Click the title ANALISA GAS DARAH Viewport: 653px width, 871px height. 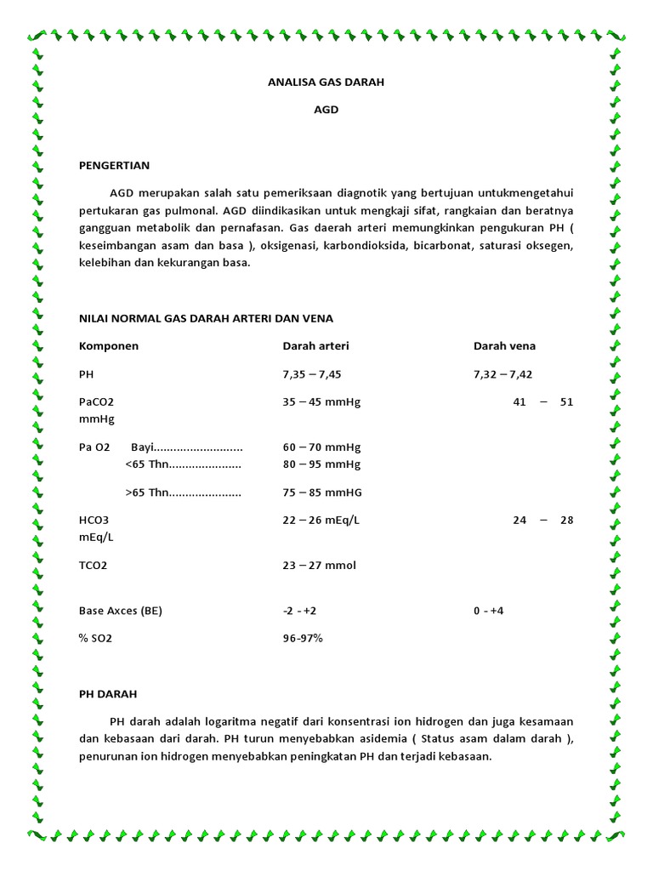326,83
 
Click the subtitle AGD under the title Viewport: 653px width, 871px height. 326,110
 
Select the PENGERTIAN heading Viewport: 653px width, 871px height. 114,165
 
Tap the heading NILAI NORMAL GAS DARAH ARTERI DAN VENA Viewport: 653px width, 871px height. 206,318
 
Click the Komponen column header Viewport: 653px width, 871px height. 109,346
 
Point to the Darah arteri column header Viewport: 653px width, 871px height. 315,346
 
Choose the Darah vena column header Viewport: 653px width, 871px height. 504,346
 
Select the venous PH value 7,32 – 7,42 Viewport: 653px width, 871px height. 503,374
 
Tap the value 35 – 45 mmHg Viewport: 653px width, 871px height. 321,401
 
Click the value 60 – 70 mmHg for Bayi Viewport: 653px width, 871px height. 321,447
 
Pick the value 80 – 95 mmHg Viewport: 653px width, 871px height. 321,464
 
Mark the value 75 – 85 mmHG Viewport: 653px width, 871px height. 321,492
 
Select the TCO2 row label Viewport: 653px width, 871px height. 94,565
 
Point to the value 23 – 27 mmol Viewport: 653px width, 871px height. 319,565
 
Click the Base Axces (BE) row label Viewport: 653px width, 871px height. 121,611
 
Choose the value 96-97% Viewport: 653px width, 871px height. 303,638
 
